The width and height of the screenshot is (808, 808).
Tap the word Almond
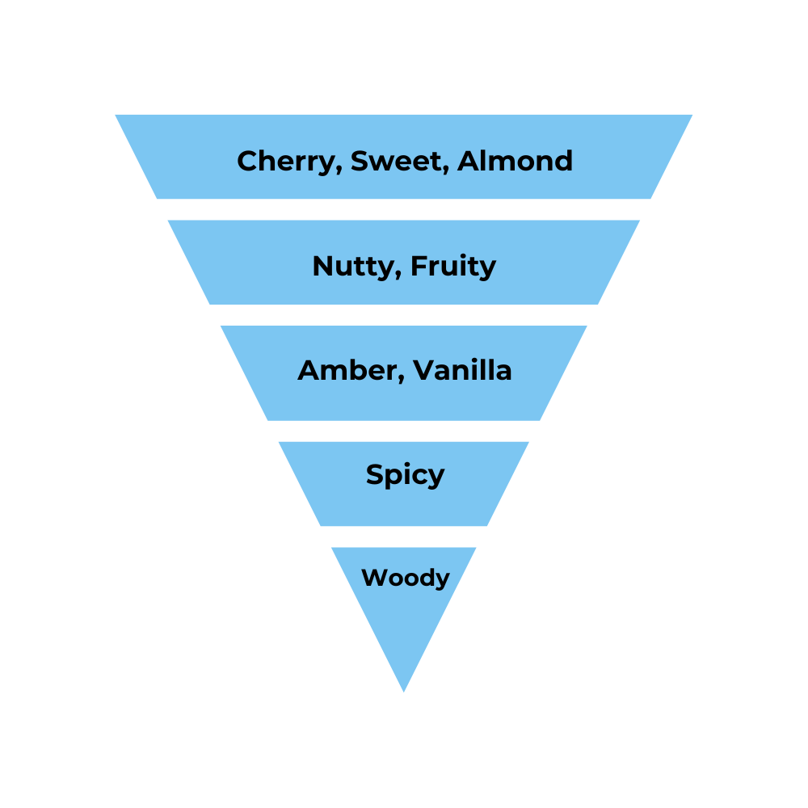(515, 161)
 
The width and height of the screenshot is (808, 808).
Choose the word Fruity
(452, 267)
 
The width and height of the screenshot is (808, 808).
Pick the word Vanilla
(462, 371)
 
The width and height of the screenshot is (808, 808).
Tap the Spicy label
(405, 475)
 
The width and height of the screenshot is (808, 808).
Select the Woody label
(405, 579)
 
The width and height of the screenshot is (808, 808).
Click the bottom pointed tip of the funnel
(404, 691)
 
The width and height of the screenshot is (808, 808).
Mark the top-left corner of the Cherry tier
(116, 116)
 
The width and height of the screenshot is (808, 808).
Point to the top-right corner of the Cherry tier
(692, 116)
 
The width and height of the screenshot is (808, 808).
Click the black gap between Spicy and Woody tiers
(404, 537)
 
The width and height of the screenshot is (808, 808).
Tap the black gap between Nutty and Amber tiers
(404, 315)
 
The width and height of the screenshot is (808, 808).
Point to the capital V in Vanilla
(425, 371)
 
